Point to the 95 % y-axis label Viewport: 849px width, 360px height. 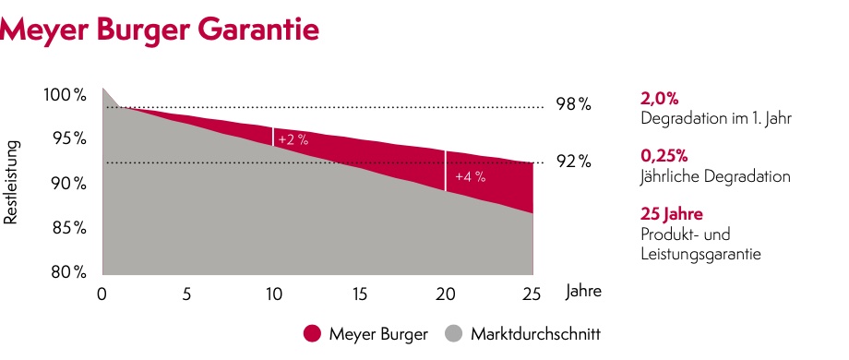point(67,138)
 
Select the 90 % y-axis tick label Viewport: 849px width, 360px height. point(67,184)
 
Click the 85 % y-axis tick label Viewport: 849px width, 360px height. point(67,228)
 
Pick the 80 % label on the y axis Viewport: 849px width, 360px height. point(67,272)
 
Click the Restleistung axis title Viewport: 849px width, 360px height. point(13,184)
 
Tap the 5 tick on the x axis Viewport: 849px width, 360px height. point(187,294)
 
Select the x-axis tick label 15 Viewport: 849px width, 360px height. point(359,294)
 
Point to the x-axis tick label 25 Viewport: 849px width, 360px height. point(532,294)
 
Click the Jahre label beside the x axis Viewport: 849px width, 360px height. point(583,292)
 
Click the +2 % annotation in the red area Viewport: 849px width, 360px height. point(293,139)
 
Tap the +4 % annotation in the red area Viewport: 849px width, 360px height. point(471,175)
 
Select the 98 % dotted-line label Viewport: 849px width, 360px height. point(572,104)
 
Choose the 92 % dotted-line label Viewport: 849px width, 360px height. point(572,162)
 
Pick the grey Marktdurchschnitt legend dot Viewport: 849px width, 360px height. point(453,332)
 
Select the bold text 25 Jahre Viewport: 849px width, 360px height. point(671,215)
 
